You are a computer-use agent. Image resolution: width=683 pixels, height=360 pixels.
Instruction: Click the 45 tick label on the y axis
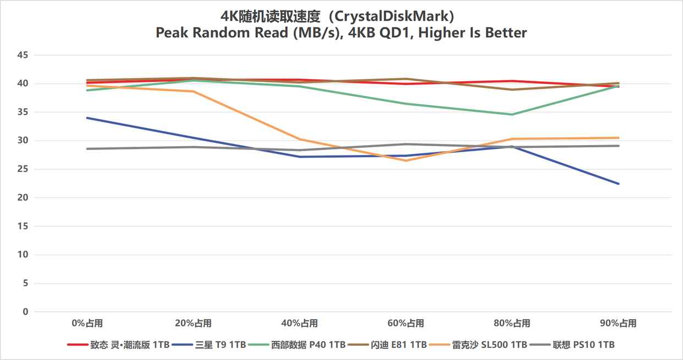point(23,55)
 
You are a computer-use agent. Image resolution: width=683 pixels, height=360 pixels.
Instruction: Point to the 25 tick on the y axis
point(23,169)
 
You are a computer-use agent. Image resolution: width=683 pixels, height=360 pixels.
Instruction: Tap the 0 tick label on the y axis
point(25,312)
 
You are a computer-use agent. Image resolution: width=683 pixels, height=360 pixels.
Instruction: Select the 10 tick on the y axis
point(23,254)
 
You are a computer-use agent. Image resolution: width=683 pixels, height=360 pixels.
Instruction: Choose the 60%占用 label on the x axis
point(406,323)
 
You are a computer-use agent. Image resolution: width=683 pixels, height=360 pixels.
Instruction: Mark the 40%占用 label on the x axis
point(300,323)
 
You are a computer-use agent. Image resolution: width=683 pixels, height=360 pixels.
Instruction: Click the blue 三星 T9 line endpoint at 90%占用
point(619,184)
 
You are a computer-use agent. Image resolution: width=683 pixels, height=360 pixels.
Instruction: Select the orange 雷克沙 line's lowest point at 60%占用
point(406,160)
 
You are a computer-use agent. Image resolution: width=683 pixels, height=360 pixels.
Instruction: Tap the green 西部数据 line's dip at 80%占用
point(513,114)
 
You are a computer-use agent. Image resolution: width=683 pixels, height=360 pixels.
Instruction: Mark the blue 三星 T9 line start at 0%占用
point(87,118)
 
